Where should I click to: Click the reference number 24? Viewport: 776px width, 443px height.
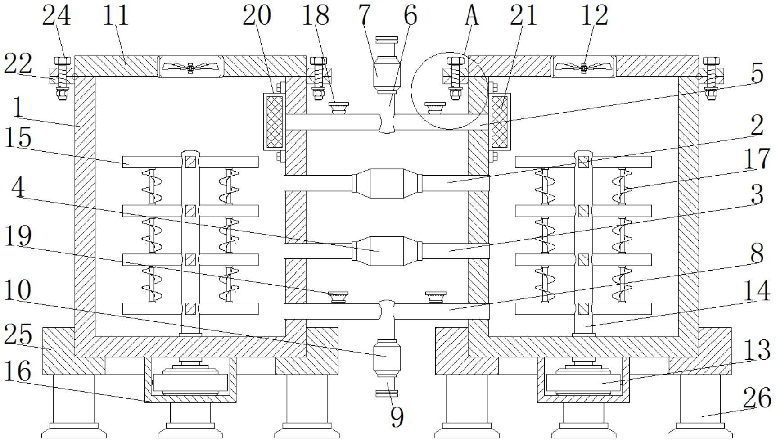click(57, 16)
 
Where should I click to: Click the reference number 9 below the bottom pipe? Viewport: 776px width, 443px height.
click(397, 417)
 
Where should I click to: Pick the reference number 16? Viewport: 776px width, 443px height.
click(18, 372)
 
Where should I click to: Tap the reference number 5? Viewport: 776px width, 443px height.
click(758, 73)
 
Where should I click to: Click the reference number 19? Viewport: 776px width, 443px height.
click(18, 236)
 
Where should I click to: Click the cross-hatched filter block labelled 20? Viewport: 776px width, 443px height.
click(275, 122)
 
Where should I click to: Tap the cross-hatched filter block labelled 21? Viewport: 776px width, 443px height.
click(499, 122)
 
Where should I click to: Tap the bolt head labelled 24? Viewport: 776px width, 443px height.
click(62, 61)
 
